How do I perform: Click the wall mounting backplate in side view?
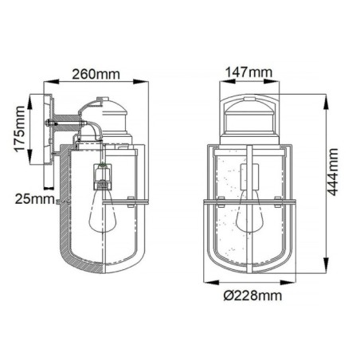tap(50, 139)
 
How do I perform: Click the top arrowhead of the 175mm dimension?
tap(32, 97)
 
